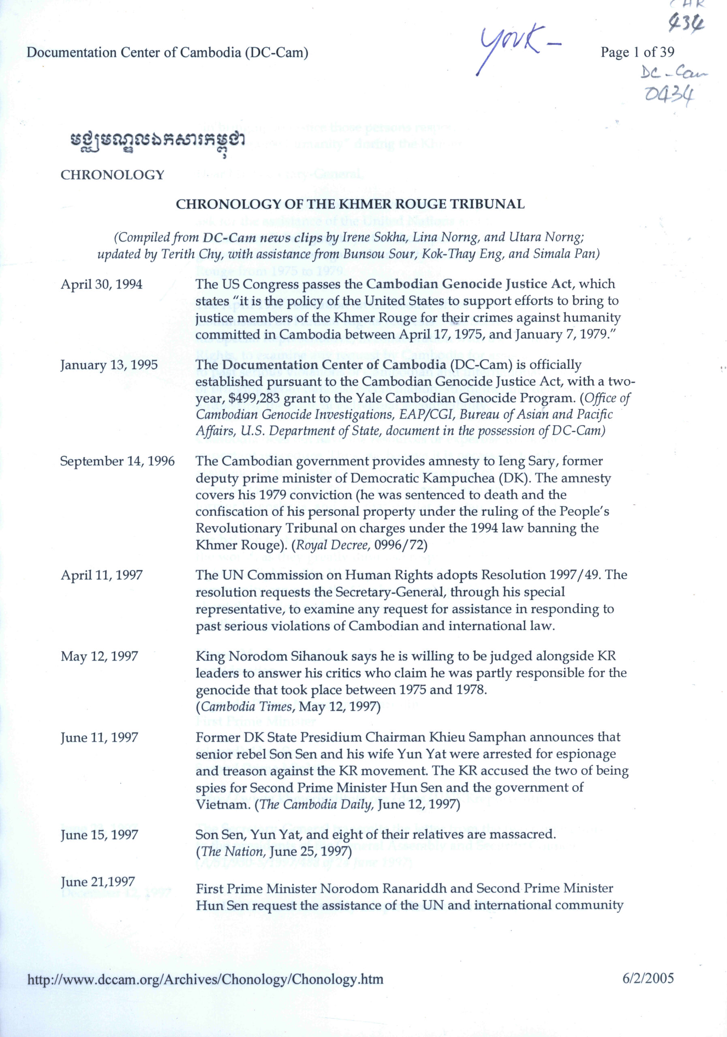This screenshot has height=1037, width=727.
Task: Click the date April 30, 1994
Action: tap(101, 284)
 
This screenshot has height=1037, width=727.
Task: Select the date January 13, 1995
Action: tap(109, 365)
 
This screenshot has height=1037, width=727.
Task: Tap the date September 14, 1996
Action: tap(118, 461)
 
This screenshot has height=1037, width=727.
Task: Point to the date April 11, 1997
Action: tap(102, 575)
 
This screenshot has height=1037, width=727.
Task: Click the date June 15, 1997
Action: tap(99, 834)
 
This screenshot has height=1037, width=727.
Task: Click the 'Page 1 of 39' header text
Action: tap(637, 52)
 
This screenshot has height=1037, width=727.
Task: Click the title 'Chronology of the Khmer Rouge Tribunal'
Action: tap(350, 205)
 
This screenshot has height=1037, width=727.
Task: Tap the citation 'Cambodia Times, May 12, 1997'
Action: tap(288, 706)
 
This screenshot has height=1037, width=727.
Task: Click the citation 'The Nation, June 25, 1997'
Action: tap(274, 852)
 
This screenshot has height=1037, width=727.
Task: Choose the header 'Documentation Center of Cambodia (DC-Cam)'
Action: tap(168, 53)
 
